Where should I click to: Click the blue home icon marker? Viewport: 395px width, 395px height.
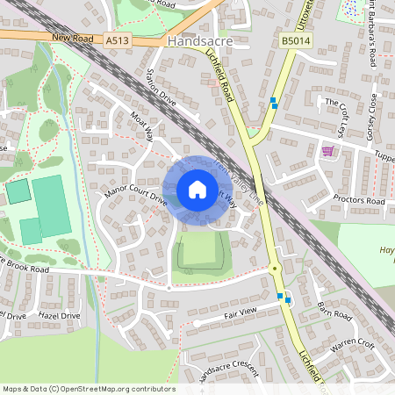(x=197, y=190)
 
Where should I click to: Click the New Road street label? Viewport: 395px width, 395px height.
(x=72, y=39)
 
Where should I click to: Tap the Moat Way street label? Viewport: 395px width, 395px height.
(x=141, y=127)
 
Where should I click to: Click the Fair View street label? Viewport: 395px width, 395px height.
(x=240, y=312)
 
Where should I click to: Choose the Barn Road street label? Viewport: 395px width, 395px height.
(x=335, y=311)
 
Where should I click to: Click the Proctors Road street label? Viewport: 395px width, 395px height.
(x=359, y=200)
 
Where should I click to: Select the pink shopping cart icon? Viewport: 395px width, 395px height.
(x=328, y=151)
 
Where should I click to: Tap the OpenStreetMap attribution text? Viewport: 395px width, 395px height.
(x=88, y=389)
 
